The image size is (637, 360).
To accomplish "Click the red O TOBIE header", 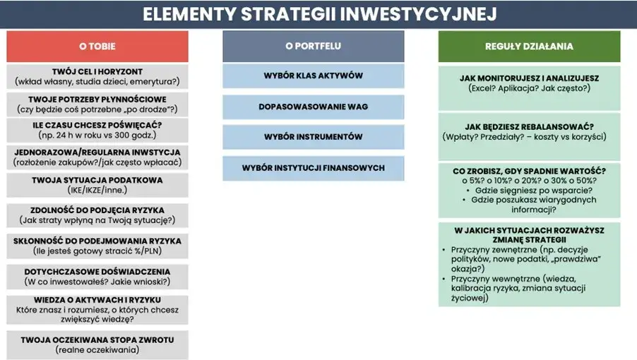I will (x=97, y=47).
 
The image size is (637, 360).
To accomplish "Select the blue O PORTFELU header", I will (x=313, y=47).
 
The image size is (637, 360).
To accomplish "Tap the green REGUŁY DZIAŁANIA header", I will (x=529, y=47).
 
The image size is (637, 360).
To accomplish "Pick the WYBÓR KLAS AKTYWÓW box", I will (x=313, y=76).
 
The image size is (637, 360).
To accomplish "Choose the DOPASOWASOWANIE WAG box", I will (x=313, y=107).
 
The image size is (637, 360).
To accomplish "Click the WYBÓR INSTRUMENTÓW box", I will (x=313, y=137).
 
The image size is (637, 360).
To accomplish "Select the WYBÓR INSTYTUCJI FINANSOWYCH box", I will (x=313, y=168).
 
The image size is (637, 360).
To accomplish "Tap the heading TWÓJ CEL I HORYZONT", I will (x=97, y=72).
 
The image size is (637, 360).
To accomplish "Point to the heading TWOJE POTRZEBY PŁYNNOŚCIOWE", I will (x=97, y=100).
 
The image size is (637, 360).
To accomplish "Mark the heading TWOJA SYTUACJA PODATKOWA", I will (x=97, y=180).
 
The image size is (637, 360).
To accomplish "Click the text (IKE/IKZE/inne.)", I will (x=97, y=190).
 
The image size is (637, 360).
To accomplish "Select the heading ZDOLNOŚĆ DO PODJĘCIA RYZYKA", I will (x=97, y=210).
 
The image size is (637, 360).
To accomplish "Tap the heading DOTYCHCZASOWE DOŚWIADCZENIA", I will (x=97, y=272).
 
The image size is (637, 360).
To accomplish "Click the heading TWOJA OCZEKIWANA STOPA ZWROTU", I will (x=97, y=340).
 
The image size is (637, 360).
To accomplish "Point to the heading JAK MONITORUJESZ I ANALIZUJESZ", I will (x=529, y=79).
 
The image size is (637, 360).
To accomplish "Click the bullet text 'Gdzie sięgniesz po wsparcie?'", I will (x=533, y=190).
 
